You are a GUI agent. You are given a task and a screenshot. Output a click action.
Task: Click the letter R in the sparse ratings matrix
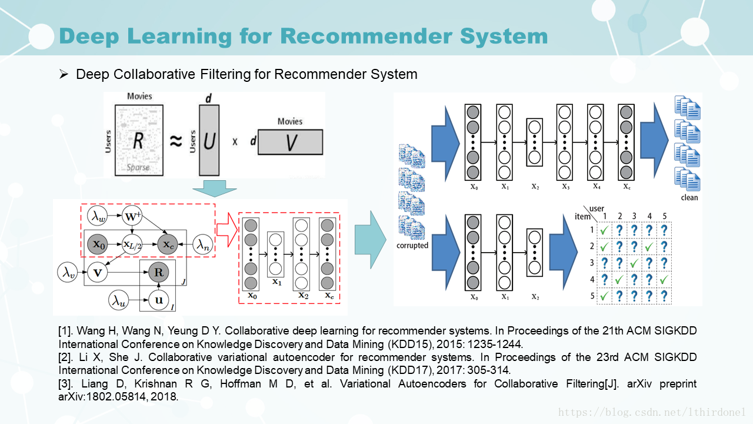tap(138, 140)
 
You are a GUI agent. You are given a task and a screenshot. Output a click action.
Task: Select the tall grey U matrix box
tap(209, 140)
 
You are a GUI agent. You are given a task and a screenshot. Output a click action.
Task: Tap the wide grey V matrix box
tap(290, 141)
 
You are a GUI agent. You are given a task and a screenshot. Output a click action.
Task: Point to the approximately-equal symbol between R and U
tap(175, 141)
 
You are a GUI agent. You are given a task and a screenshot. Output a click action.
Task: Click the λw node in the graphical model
tap(97, 216)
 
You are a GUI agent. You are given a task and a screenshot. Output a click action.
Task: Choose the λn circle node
tap(202, 244)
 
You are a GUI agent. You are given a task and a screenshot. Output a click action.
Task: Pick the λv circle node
tap(66, 272)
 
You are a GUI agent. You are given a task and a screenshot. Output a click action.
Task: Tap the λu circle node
tap(118, 300)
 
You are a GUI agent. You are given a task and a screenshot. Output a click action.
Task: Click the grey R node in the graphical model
tap(158, 273)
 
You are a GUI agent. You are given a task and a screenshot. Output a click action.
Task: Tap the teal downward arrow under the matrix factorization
tap(214, 188)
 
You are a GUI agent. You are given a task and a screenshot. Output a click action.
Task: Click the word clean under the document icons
tap(689, 198)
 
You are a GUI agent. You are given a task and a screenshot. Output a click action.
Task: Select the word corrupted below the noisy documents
tap(412, 246)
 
